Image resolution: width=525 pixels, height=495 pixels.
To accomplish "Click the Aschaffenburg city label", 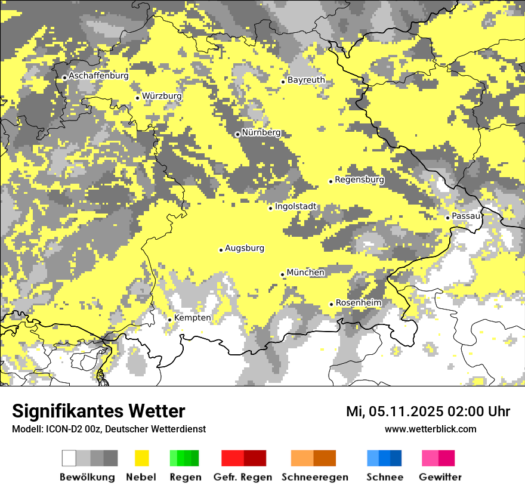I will pyautogui.click(x=98, y=76).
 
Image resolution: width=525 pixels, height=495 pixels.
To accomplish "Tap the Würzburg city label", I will pyautogui.click(x=162, y=96).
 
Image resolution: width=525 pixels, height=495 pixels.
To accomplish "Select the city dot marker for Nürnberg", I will pyautogui.click(x=237, y=134).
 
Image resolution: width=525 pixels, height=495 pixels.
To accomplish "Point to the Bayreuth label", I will pyautogui.click(x=306, y=80).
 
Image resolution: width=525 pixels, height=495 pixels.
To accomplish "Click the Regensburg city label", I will pyautogui.click(x=359, y=180).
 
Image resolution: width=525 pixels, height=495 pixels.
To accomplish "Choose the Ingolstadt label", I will pyautogui.click(x=296, y=207).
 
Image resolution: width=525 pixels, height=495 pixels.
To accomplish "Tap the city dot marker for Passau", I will pyautogui.click(x=447, y=218).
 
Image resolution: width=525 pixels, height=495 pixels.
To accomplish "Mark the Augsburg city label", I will pyautogui.click(x=245, y=248).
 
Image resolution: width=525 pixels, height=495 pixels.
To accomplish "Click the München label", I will pyautogui.click(x=305, y=273).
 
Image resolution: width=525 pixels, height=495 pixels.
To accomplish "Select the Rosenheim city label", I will pyautogui.click(x=358, y=303).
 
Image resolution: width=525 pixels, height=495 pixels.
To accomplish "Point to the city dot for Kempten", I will pyautogui.click(x=169, y=320).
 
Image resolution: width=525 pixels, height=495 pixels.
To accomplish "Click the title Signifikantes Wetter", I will pyautogui.click(x=98, y=411).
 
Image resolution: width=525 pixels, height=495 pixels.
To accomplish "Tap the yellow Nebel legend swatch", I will pyautogui.click(x=141, y=458).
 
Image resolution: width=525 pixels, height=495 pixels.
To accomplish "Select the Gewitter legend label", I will pyautogui.click(x=440, y=477).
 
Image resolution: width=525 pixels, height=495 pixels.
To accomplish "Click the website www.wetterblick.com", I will pyautogui.click(x=430, y=429).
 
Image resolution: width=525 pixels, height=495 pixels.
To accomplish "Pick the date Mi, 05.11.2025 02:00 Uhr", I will pyautogui.click(x=428, y=412).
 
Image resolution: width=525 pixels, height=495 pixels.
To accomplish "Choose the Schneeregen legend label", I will pyautogui.click(x=315, y=477).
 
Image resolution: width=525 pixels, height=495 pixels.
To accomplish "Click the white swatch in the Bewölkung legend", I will pyautogui.click(x=69, y=458).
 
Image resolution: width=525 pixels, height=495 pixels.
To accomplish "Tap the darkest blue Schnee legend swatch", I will pyautogui.click(x=396, y=458).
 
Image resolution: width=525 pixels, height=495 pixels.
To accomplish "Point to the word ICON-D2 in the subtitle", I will pyautogui.click(x=61, y=429).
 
